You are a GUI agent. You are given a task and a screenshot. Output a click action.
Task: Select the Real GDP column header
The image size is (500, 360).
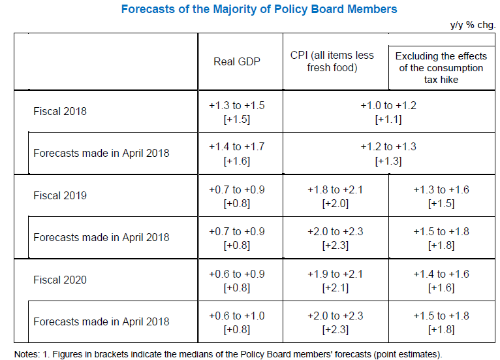coord(236,61)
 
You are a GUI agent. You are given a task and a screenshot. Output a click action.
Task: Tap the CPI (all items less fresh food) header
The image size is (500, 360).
coord(332,61)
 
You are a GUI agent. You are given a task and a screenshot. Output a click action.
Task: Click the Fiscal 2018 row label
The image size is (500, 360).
coord(60,111)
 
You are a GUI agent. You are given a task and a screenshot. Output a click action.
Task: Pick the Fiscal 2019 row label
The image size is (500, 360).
coord(60,195)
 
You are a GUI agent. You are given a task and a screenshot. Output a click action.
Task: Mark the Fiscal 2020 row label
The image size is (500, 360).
coord(60,280)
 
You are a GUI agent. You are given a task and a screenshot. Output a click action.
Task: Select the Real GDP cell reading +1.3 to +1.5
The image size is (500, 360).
coord(236,111)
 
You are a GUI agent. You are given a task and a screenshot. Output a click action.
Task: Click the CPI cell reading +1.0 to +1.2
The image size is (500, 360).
coord(388,111)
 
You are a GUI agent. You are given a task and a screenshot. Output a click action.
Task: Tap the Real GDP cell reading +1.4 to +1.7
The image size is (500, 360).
coord(236,153)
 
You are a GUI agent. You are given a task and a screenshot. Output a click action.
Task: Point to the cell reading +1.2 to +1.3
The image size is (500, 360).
coord(388,153)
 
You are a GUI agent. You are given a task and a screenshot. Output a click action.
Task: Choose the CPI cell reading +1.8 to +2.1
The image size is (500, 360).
coord(335,195)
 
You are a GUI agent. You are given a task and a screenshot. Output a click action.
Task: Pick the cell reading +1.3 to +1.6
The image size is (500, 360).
coord(441,195)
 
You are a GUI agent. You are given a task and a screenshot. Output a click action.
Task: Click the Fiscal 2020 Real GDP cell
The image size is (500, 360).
coord(236,280)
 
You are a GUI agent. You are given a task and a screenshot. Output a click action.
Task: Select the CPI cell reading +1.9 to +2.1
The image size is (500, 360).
coord(335,280)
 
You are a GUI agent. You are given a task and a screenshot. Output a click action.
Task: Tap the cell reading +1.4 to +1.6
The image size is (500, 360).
coord(441,280)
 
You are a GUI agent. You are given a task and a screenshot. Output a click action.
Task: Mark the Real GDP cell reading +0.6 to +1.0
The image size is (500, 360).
coord(236,321)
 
